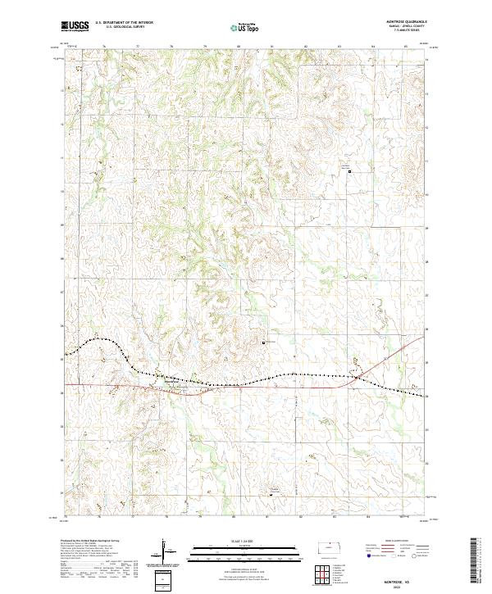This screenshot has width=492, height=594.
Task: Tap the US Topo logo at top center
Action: (x=244, y=27)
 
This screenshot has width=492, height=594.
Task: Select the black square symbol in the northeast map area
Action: (x=350, y=172)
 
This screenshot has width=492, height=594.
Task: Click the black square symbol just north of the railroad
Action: (x=263, y=342)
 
